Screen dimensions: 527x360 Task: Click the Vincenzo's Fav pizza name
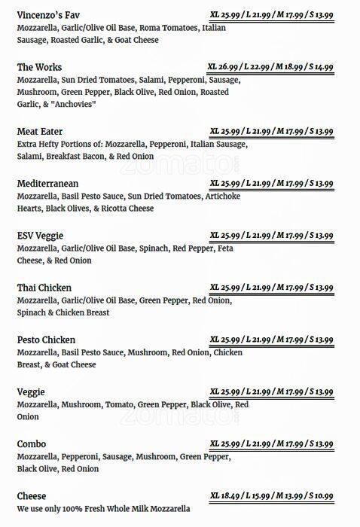tap(47, 15)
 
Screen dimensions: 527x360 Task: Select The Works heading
tap(39, 67)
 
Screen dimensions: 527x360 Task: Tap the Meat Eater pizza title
tap(40, 131)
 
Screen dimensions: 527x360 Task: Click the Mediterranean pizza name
tap(47, 183)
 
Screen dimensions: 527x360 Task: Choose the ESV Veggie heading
tap(40, 236)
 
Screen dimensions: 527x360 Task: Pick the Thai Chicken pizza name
tap(44, 288)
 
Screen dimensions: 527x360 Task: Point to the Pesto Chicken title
tap(46, 340)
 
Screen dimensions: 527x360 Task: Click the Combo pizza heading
tap(32, 444)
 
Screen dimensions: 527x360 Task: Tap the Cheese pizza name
tap(32, 496)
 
